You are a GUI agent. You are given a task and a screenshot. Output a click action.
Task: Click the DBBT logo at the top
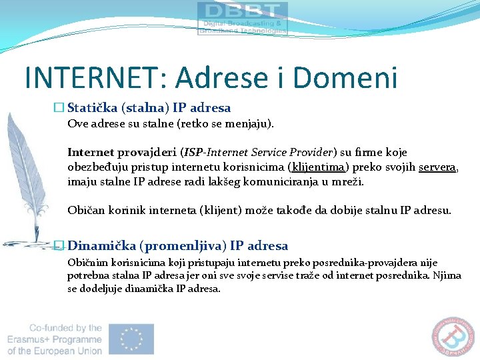click(243, 18)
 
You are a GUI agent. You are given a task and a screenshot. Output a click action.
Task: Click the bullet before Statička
click(59, 108)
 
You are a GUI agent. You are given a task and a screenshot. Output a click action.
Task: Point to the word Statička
click(93, 108)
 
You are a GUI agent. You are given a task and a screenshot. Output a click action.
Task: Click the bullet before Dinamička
click(59, 245)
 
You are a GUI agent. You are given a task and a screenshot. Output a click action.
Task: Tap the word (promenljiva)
click(181, 245)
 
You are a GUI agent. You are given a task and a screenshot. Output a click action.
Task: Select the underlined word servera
click(437, 167)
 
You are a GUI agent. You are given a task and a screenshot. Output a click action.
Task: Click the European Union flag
click(131, 339)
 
